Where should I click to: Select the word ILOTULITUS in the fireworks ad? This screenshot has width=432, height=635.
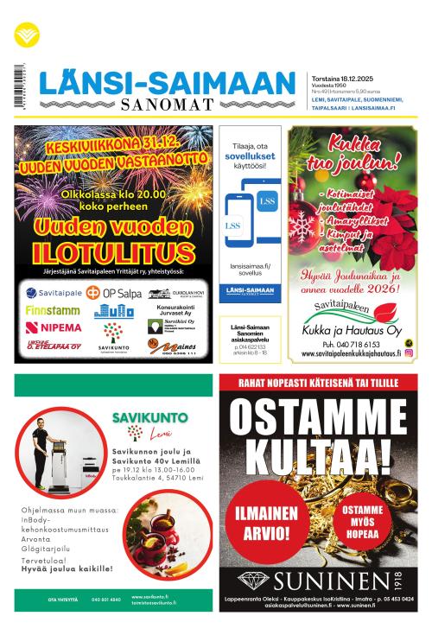pos(115,252)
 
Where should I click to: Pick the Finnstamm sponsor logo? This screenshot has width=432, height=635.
pos(52,309)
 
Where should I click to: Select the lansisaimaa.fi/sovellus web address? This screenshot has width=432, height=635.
pos(251,271)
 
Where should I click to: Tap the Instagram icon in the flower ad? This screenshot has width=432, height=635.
pos(409,352)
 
